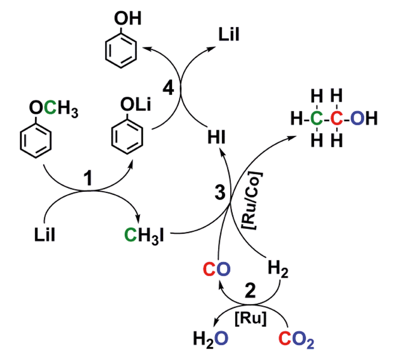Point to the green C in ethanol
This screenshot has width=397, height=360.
click(317, 120)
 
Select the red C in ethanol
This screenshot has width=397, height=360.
click(335, 120)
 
